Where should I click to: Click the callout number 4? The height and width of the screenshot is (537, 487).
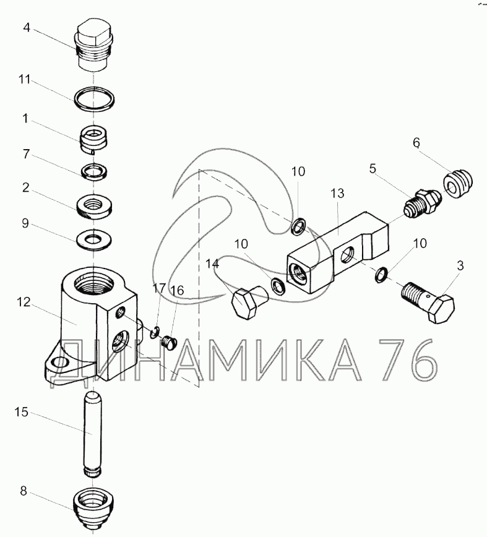point(27,27)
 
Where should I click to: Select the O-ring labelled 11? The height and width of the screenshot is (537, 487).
point(94,98)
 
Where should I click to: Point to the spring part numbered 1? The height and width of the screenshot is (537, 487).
point(94,139)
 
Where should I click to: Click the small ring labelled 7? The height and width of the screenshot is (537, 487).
point(94,171)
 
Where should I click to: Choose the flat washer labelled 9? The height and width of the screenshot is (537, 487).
point(94,239)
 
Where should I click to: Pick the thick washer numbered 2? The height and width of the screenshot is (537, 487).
point(94,207)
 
